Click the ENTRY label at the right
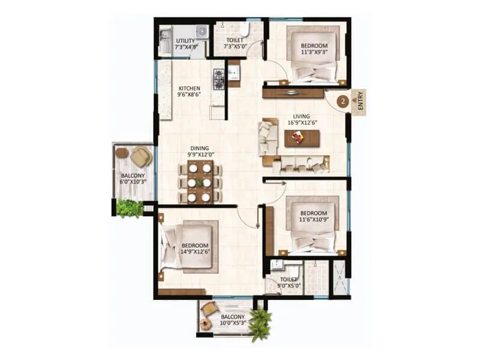[360, 102]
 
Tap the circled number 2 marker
[343, 101]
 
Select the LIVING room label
[301, 116]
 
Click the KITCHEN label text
[188, 89]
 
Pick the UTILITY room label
[185, 41]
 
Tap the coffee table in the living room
[302, 139]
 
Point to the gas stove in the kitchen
[219, 79]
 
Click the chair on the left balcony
[141, 157]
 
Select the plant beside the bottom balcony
[260, 324]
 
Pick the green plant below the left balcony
[129, 208]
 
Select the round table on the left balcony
[122, 153]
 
